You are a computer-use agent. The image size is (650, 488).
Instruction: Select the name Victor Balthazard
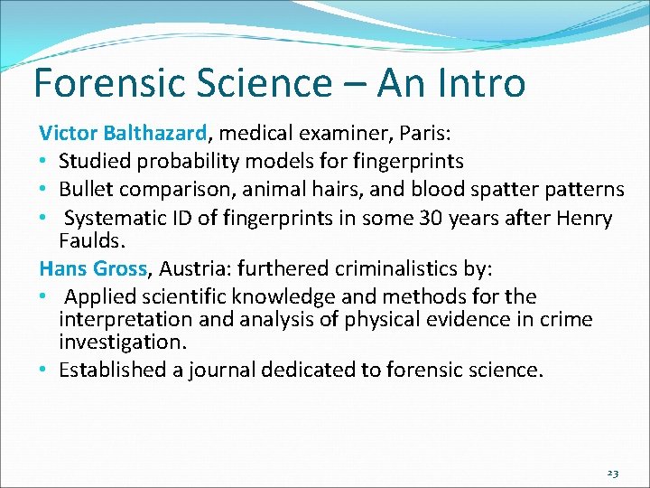pos(124,135)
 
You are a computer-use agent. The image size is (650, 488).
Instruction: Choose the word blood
pos(437,190)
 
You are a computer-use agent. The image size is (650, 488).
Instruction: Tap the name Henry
pos(581,218)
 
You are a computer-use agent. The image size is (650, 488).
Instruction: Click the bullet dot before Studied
pos(44,163)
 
